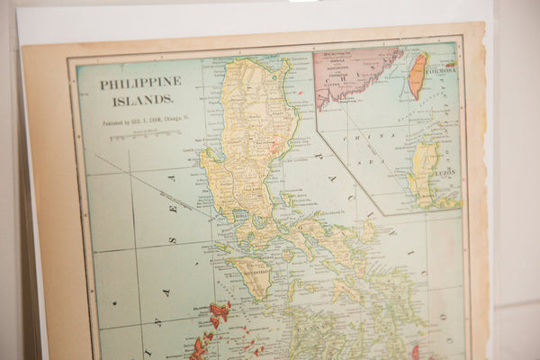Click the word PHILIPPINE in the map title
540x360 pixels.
click(x=140, y=82)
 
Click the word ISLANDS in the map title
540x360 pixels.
click(x=128, y=100)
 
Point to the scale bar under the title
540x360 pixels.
click(x=144, y=136)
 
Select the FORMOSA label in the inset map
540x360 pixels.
click(x=441, y=67)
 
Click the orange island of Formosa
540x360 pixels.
click(x=418, y=76)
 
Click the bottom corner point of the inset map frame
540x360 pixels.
click(x=385, y=215)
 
